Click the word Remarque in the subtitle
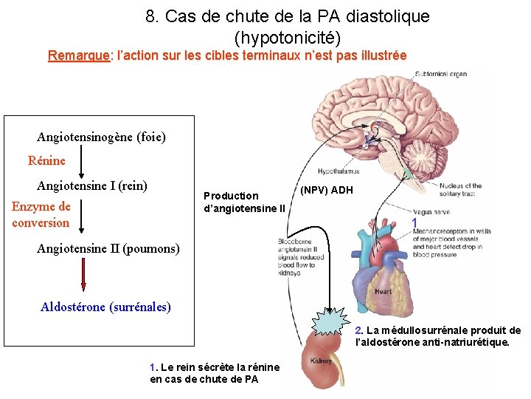pyautogui.click(x=77, y=55)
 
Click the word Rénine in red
pyautogui.click(x=46, y=160)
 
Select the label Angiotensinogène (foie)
pyautogui.click(x=101, y=137)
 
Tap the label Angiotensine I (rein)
pyautogui.click(x=92, y=185)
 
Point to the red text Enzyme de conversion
pyautogui.click(x=41, y=214)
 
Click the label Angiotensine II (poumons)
pyautogui.click(x=108, y=248)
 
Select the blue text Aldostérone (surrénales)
pyautogui.click(x=105, y=307)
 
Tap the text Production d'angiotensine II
pyautogui.click(x=243, y=202)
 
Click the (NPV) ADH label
pyautogui.click(x=327, y=190)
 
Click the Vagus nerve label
pyautogui.click(x=431, y=211)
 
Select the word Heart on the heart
pyautogui.click(x=383, y=291)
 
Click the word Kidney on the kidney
pyautogui.click(x=321, y=361)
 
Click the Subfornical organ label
pyautogui.click(x=442, y=74)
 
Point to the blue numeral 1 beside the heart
pyautogui.click(x=415, y=223)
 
